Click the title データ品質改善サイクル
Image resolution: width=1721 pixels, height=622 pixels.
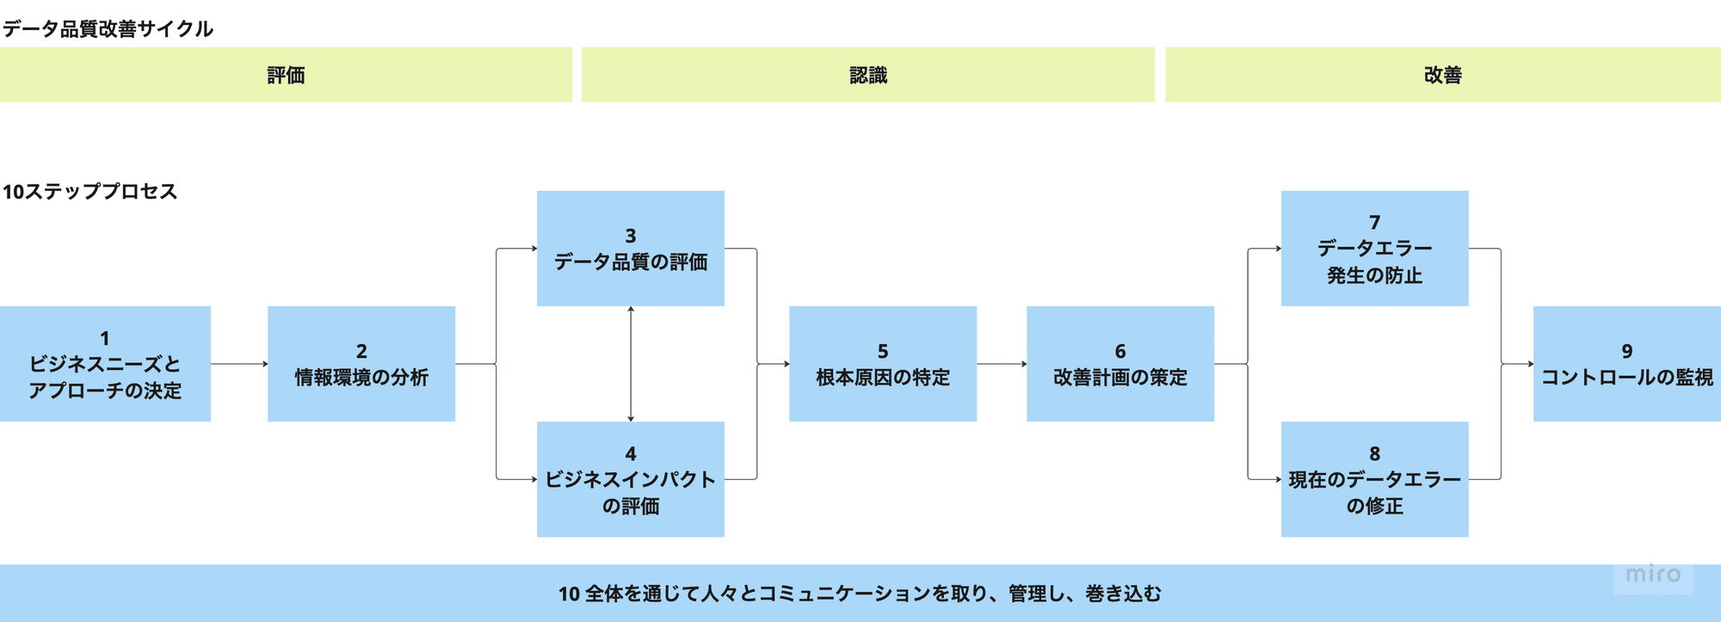coord(108,28)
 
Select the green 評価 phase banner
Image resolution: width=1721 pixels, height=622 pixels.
coord(286,75)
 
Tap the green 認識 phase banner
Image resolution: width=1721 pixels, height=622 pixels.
coord(867,75)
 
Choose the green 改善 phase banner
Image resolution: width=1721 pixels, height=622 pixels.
coord(1442,75)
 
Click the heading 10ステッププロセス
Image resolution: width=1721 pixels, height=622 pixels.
coord(90,191)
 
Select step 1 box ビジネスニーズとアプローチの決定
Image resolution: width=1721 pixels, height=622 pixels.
coord(105,364)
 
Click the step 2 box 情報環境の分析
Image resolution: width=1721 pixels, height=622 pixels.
coord(361,364)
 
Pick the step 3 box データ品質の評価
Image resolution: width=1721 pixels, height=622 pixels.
coord(630,249)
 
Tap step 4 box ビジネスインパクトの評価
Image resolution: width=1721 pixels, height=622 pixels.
coord(630,479)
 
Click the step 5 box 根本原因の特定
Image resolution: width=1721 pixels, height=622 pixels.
coord(883,364)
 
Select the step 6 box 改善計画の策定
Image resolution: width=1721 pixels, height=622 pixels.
coord(1120,364)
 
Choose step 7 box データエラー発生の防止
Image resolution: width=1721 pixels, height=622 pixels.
coord(1374,249)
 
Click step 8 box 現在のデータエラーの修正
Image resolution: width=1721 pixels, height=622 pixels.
coord(1374,479)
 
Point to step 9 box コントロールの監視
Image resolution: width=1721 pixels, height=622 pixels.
coord(1626,364)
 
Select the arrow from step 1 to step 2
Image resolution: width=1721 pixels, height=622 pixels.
coord(239,364)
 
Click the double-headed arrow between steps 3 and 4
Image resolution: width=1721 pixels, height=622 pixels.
coord(631,364)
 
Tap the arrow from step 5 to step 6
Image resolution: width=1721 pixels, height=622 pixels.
coord(1002,364)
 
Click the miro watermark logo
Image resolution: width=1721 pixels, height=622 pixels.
coord(1653,574)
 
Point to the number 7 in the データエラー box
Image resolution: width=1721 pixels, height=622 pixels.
coord(1374,222)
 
